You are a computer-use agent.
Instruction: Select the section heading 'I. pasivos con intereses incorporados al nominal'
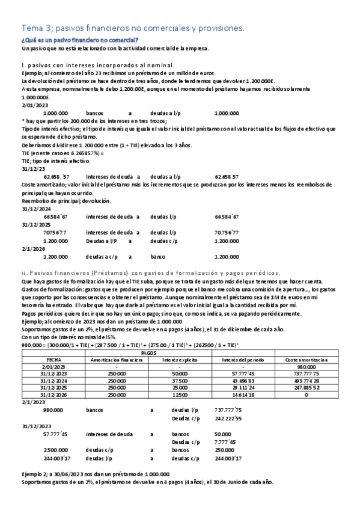point(98,65)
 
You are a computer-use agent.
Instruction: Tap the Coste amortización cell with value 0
point(307,395)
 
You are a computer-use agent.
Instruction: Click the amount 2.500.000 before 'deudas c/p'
point(55,449)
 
